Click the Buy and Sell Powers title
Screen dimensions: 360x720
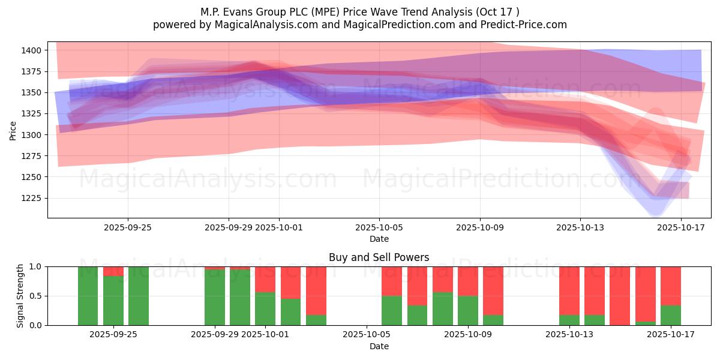pos(379,257)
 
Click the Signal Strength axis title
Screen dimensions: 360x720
pos(20,296)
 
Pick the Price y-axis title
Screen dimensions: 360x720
pos(13,130)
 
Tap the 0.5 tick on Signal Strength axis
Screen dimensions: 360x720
pos(35,296)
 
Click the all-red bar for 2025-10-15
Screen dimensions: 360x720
pos(620,296)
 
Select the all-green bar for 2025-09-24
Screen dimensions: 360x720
pos(88,296)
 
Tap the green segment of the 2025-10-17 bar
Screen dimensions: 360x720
pos(671,315)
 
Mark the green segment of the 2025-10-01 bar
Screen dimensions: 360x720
pos(265,308)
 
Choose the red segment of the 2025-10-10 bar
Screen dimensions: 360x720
pos(493,290)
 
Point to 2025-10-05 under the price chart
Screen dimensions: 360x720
pos(379,228)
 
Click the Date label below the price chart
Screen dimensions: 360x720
pos(379,239)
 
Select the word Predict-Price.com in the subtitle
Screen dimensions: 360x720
pos(526,25)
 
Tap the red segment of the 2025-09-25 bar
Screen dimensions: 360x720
pos(113,271)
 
